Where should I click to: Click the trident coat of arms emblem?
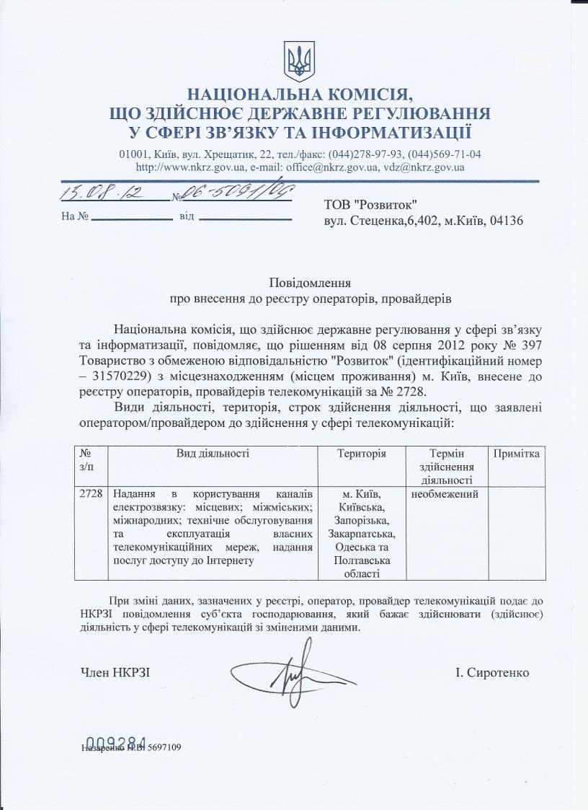click(x=296, y=61)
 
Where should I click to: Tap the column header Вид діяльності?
click(x=213, y=454)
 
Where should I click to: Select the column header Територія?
click(x=362, y=454)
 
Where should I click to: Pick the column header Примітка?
click(x=516, y=454)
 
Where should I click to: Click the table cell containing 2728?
click(x=91, y=495)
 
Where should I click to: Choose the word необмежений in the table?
click(x=445, y=495)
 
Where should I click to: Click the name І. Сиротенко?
click(x=492, y=673)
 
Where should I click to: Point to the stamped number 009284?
click(x=116, y=742)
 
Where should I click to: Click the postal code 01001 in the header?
click(x=133, y=154)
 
